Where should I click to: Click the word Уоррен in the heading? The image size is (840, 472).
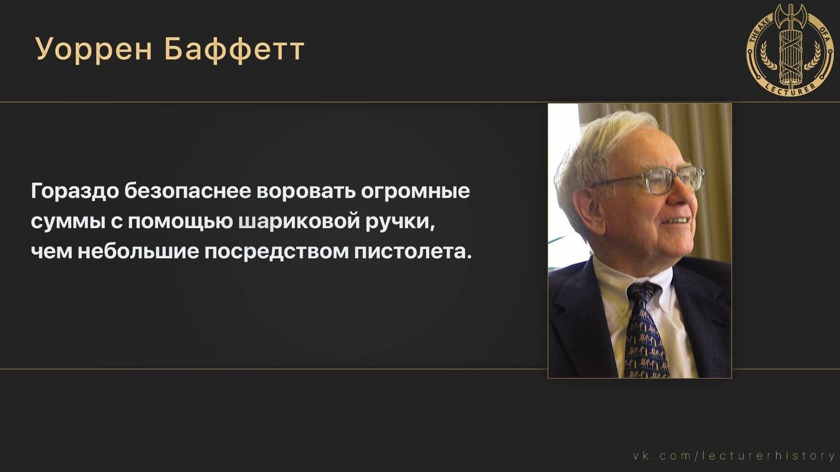click(94, 49)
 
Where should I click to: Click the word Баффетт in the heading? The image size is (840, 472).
click(234, 49)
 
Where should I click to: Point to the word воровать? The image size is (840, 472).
click(306, 191)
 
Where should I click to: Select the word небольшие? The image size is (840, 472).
click(138, 251)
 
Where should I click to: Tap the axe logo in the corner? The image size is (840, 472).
click(791, 49)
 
